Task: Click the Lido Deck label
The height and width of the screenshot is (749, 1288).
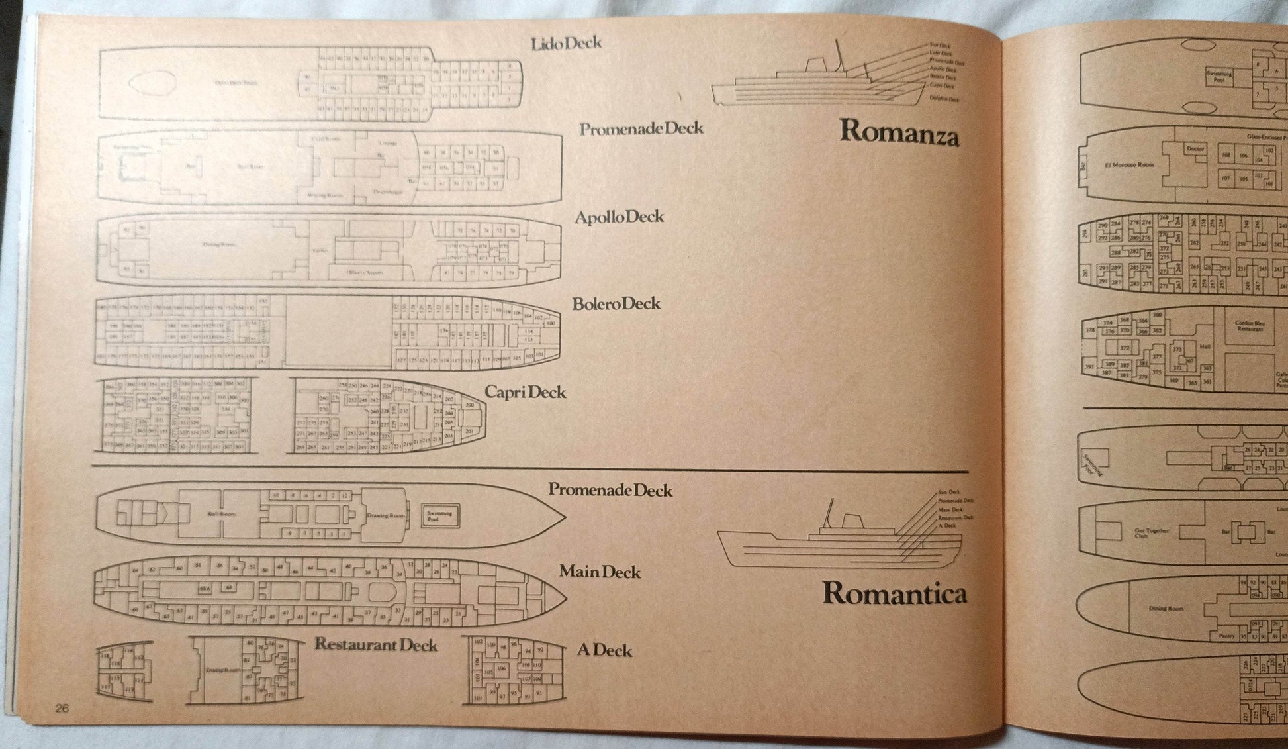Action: click(566, 44)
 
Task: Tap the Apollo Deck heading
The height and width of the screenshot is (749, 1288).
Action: click(619, 217)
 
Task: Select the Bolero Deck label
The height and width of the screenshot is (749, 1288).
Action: click(616, 304)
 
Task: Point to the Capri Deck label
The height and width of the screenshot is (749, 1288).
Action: click(525, 392)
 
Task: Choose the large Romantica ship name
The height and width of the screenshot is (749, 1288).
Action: click(894, 593)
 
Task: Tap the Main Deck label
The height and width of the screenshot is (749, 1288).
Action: click(600, 572)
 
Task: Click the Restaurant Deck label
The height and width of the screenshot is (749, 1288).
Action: click(376, 644)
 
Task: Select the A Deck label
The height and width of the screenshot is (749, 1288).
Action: click(604, 650)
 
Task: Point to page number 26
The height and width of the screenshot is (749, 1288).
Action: click(62, 708)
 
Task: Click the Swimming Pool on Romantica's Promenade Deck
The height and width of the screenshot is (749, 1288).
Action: click(440, 515)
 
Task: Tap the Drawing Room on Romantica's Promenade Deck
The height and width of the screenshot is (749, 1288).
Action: click(386, 515)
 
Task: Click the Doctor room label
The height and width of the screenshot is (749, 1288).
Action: click(1195, 149)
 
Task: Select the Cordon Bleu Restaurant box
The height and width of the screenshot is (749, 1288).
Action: click(1250, 326)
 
